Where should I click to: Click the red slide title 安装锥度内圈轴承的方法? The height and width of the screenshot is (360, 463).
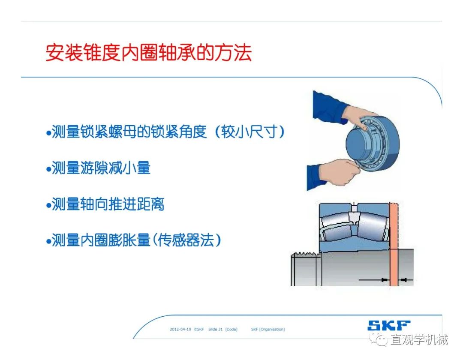148,53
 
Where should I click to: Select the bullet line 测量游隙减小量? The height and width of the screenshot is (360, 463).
99,168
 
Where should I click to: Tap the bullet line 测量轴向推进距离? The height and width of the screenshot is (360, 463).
105,204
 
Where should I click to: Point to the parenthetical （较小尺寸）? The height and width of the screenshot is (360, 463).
249,132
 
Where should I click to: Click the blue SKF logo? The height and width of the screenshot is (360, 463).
389,325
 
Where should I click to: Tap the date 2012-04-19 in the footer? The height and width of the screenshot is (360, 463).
180,329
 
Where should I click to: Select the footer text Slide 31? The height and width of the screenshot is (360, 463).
216,329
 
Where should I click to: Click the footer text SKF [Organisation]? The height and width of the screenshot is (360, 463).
268,329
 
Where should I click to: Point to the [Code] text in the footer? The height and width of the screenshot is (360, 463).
231,329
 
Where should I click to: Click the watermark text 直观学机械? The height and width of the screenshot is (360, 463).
419,339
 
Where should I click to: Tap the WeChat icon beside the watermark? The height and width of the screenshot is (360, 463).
379,339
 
